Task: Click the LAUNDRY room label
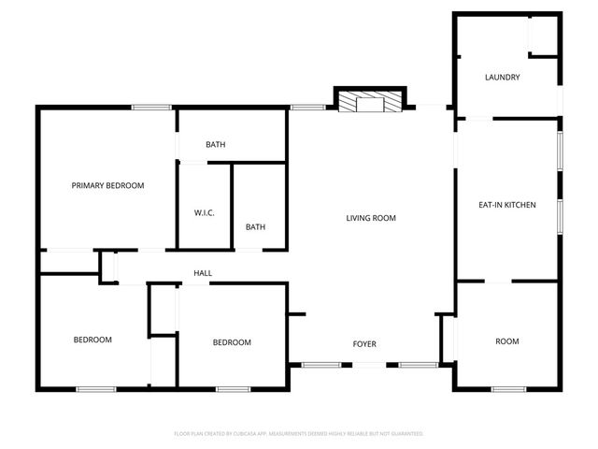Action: point(502,77)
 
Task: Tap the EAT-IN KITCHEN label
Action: point(506,205)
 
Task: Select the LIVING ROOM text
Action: point(371,218)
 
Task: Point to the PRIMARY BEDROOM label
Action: point(108,185)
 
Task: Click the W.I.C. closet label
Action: point(205,213)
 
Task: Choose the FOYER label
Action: point(364,344)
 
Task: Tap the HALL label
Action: point(203,273)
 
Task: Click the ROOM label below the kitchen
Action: point(506,341)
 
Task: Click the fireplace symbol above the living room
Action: point(371,101)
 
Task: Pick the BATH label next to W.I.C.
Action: point(255,227)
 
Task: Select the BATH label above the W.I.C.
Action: point(216,145)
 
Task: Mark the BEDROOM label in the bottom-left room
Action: point(93,340)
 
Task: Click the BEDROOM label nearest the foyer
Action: point(232,342)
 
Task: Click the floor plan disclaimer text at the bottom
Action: point(299,434)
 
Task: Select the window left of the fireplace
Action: point(306,108)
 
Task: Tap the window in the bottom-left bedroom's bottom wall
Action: point(95,388)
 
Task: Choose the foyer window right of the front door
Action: point(417,364)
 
